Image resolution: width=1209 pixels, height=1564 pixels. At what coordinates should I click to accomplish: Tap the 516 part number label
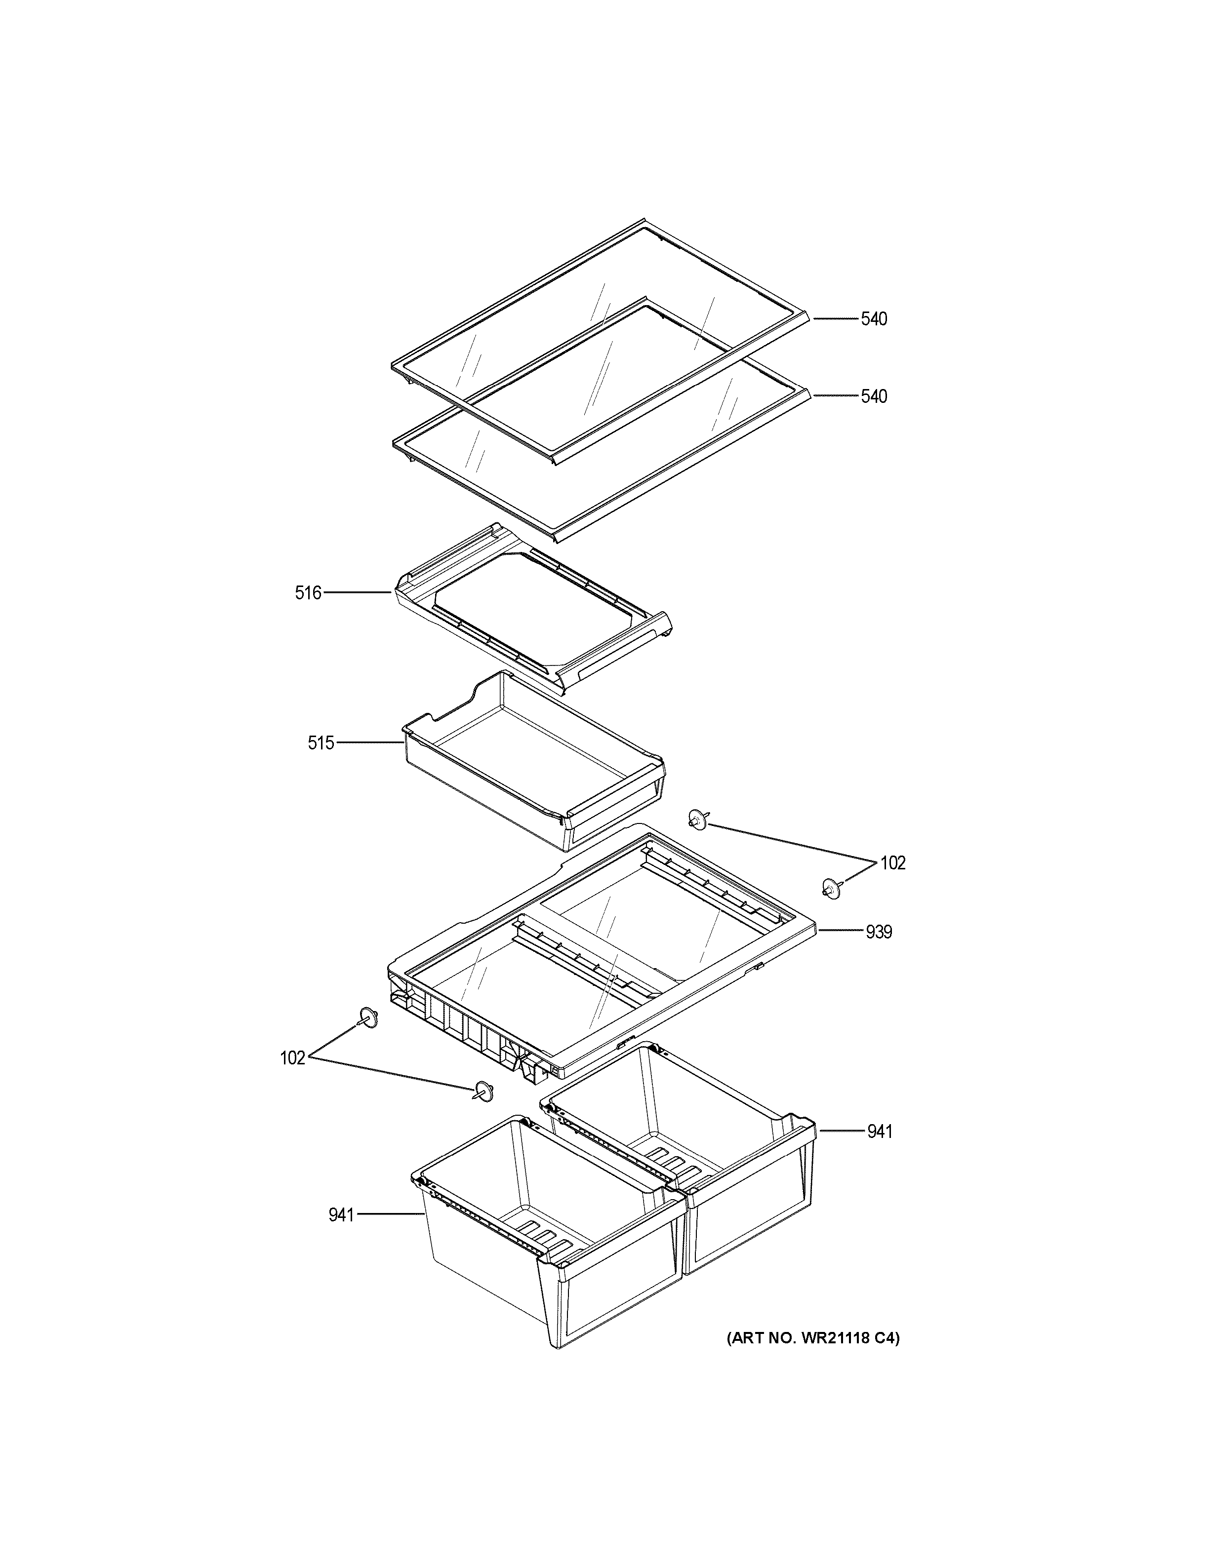click(308, 592)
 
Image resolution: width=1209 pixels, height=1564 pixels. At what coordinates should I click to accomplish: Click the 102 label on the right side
click(892, 863)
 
